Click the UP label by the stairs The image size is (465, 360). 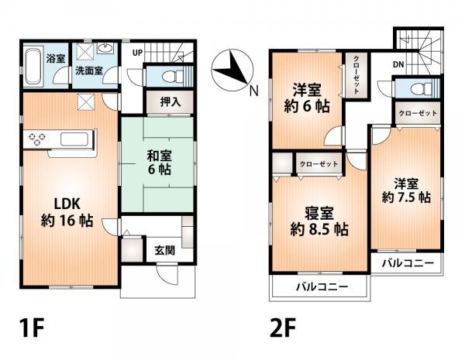click(137, 53)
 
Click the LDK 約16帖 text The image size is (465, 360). click(67, 211)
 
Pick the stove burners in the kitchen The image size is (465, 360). click(38, 140)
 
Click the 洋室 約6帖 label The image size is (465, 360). click(305, 98)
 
